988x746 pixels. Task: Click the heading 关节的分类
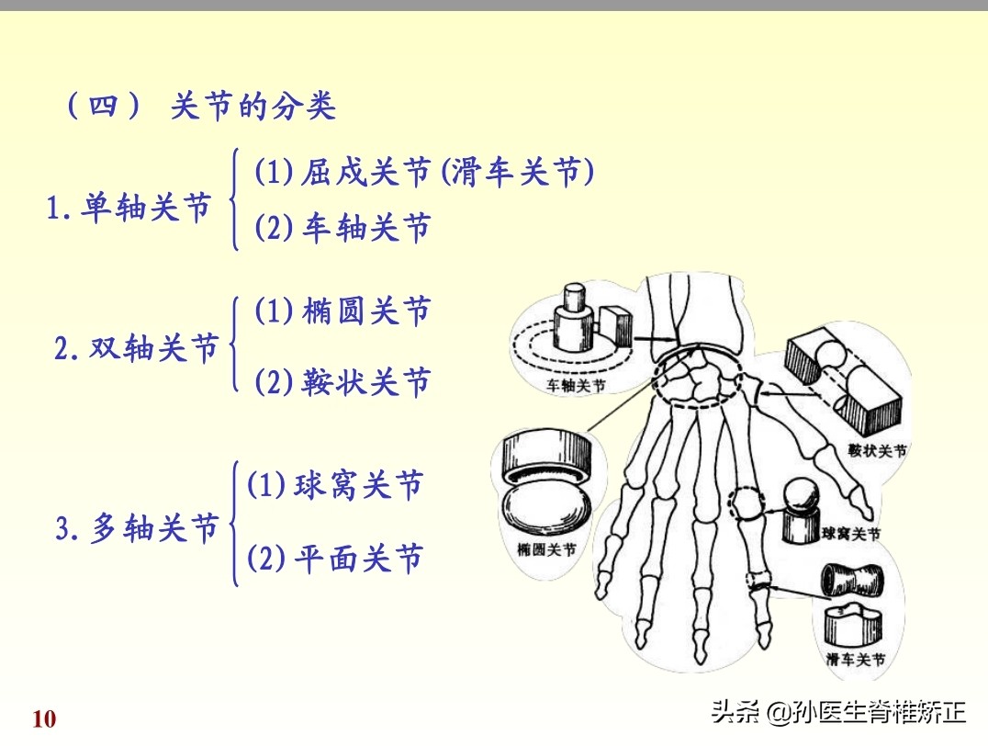coord(253,107)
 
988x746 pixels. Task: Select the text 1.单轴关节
coord(129,209)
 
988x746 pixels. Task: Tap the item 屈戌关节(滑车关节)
coord(423,172)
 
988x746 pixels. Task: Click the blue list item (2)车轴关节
coord(342,228)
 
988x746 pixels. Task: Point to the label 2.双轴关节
coord(137,349)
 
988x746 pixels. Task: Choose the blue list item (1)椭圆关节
coord(342,312)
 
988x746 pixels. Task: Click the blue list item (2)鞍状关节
coord(342,381)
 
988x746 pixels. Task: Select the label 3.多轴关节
coord(138,529)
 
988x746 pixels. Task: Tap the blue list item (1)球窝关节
coord(334,485)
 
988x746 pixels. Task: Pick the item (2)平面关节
coord(334,558)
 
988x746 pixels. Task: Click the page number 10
coord(44,718)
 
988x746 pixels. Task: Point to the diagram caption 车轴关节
coord(576,387)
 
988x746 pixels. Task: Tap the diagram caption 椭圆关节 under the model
coord(547,550)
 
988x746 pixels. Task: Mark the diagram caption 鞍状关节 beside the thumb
coord(877,451)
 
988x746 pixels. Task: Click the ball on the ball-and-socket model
coord(801,495)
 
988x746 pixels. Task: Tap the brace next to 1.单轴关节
coord(236,199)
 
